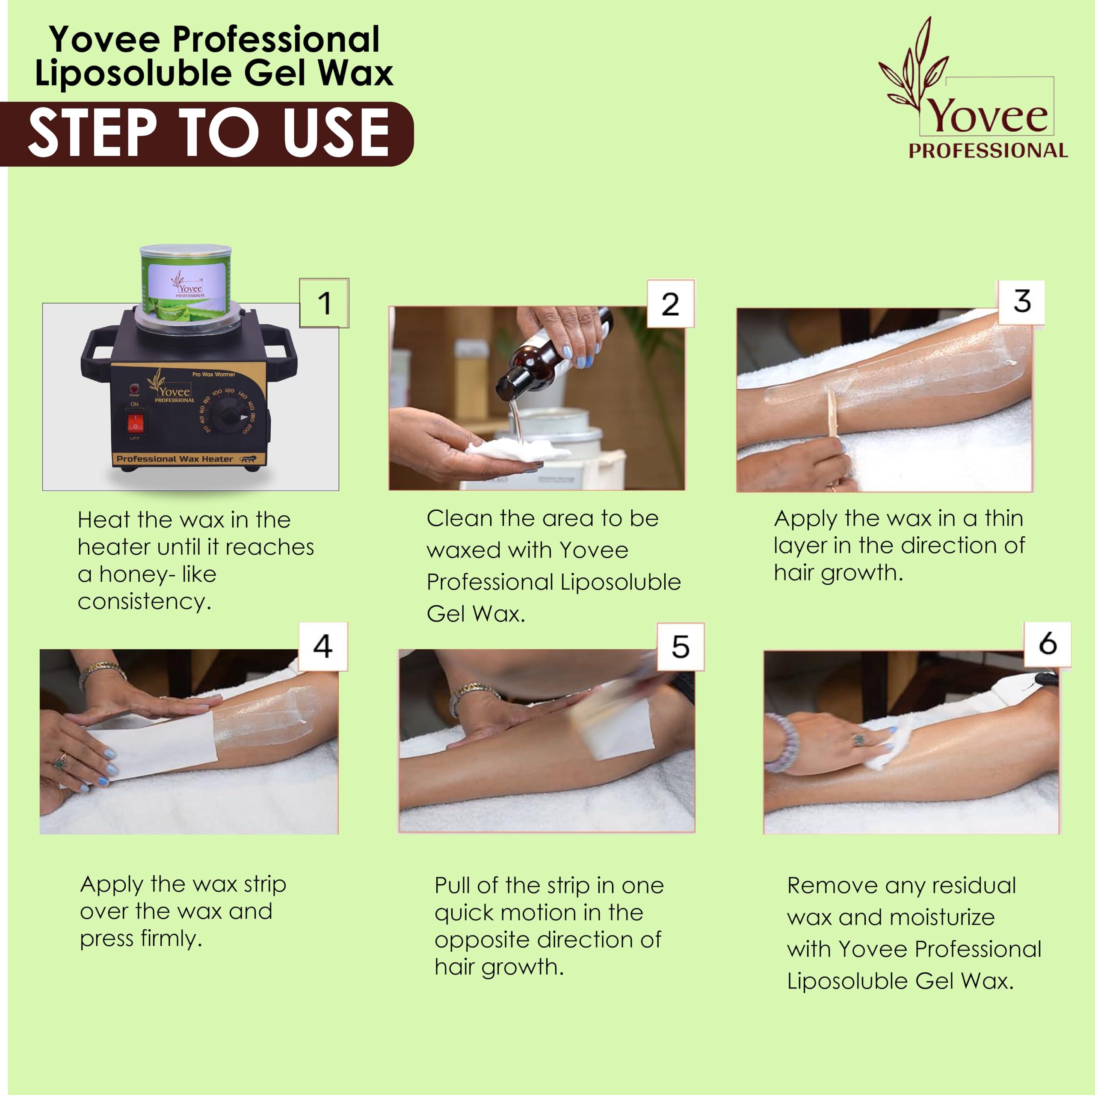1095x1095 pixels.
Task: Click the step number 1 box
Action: point(324,303)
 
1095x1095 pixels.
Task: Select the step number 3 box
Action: point(1021,302)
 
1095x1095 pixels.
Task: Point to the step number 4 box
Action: point(323,646)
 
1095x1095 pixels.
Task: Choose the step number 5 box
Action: point(680,647)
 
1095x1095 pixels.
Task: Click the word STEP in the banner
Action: point(92,134)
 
